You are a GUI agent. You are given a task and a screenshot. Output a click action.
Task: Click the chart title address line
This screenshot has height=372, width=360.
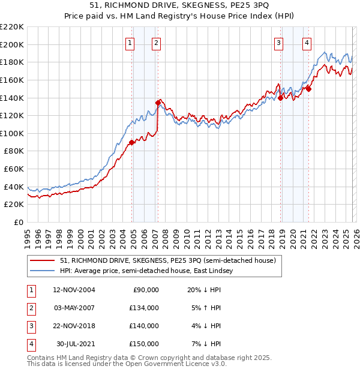click(180, 7)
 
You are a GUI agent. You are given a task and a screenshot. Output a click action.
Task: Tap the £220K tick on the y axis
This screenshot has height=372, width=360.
click(12, 27)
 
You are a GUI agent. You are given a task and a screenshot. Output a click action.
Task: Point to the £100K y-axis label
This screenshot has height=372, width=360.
click(12, 133)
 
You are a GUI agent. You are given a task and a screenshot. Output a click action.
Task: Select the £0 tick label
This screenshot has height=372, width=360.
click(18, 222)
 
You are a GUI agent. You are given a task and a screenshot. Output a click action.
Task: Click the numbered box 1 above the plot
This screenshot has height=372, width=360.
click(130, 43)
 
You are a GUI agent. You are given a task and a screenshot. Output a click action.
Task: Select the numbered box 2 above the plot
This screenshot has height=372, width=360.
click(155, 43)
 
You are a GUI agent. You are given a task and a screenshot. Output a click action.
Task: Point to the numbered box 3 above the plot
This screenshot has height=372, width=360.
click(279, 43)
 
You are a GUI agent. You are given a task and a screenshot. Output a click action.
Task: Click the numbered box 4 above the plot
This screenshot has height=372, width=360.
click(307, 43)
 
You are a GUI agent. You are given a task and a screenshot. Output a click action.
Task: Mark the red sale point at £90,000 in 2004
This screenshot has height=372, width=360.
click(131, 142)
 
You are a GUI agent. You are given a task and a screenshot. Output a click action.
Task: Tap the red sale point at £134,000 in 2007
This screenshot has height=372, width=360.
click(158, 103)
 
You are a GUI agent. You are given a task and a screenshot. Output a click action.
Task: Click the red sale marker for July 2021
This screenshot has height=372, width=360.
click(308, 89)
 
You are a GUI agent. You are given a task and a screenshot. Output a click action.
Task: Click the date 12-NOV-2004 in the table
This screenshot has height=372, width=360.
click(74, 290)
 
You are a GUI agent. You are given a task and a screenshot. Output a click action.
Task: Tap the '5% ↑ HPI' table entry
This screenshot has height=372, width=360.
click(206, 308)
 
